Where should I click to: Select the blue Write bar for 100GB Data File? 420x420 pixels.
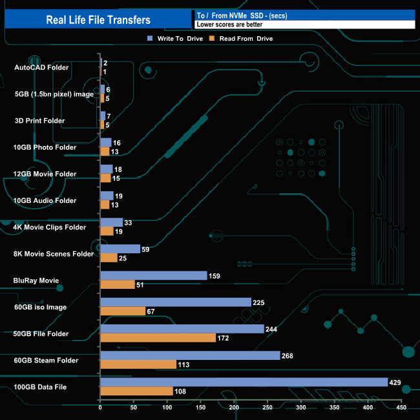click(244, 382)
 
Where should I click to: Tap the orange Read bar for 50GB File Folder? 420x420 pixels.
click(158, 338)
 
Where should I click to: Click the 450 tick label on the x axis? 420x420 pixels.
click(401, 408)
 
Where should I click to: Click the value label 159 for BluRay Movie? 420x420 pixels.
click(215, 276)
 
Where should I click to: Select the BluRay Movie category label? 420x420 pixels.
click(36, 280)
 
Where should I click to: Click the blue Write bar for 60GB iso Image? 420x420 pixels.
click(176, 302)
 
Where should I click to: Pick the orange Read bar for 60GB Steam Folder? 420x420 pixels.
click(138, 364)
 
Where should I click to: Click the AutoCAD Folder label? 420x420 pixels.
click(41, 67)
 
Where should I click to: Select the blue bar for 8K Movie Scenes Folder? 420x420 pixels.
click(120, 249)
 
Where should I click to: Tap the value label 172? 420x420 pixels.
click(224, 338)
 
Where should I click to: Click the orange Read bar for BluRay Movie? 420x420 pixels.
click(118, 285)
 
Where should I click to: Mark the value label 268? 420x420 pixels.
click(288, 355)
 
